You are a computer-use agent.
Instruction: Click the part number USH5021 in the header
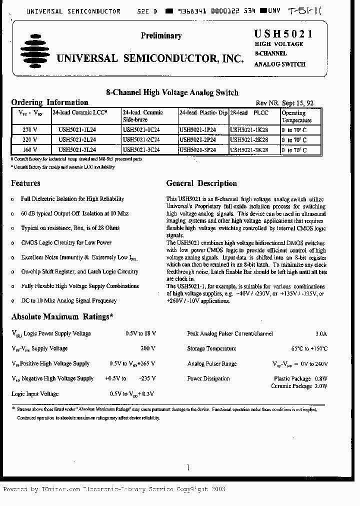283,34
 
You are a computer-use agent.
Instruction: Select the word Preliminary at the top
161,35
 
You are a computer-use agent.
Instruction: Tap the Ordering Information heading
49,102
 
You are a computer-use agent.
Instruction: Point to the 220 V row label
30,139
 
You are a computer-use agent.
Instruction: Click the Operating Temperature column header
296,117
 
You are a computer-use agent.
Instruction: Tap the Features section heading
25,183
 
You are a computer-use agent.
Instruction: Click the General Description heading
201,183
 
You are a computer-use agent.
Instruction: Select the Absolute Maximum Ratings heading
62,316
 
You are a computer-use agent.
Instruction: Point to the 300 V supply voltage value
148,348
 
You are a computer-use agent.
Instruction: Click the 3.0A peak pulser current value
320,333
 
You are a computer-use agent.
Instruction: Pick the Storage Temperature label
211,348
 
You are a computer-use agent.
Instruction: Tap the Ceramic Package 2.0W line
299,386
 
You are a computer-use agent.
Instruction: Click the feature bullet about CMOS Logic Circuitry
66,242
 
